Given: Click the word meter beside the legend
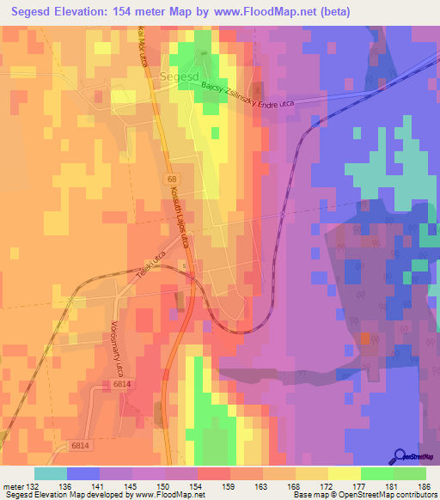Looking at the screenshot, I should (x=13, y=486).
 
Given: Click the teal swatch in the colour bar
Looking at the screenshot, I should (x=51, y=473).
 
